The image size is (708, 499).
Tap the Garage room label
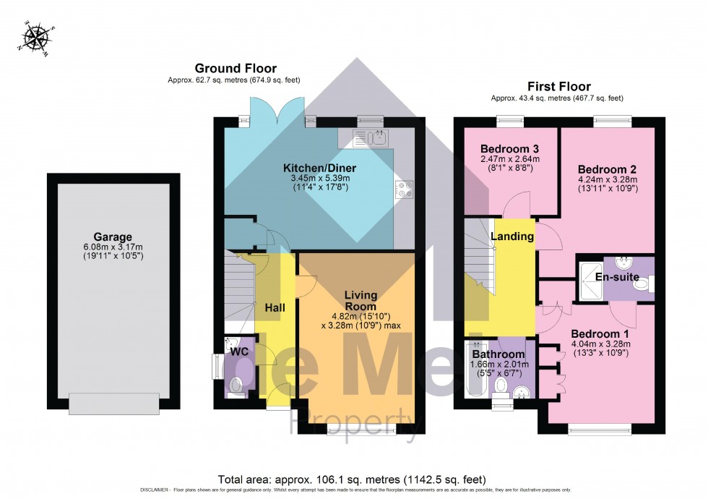[113, 236]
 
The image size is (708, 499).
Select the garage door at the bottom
[114, 403]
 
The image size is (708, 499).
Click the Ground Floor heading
[236, 69]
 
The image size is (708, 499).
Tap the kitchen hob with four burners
[402, 188]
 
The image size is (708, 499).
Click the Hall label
[275, 307]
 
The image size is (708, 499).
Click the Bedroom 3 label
[508, 148]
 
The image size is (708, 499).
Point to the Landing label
[512, 236]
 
